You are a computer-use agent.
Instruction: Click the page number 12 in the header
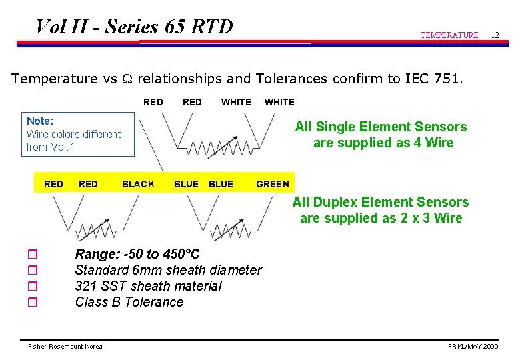pos(495,34)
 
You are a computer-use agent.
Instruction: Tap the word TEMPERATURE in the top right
pos(449,35)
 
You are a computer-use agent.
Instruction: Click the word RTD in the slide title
pos(212,27)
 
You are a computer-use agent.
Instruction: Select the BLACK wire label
pos(138,184)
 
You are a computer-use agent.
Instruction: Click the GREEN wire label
pos(273,184)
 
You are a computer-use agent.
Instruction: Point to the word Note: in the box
pos(39,121)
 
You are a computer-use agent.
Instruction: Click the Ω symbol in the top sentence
pos(127,79)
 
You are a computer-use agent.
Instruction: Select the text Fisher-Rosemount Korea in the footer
pos(65,347)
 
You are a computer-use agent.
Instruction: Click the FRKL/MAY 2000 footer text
pos(473,347)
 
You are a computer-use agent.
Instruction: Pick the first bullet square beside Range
pos(33,255)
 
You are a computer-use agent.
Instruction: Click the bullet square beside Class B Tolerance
pos(33,303)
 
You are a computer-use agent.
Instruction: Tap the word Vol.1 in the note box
pos(63,147)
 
